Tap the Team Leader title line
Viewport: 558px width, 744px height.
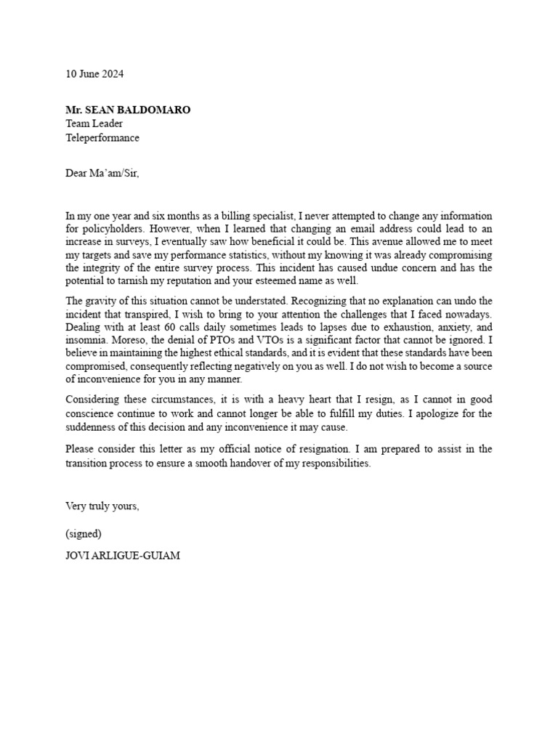pos(94,124)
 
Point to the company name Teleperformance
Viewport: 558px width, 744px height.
pos(102,137)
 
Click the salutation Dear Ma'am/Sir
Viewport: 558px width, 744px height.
pos(102,174)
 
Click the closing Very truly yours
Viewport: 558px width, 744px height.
pos(102,506)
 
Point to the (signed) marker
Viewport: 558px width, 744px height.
pos(84,533)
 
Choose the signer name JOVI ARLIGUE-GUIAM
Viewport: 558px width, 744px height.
pos(123,556)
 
